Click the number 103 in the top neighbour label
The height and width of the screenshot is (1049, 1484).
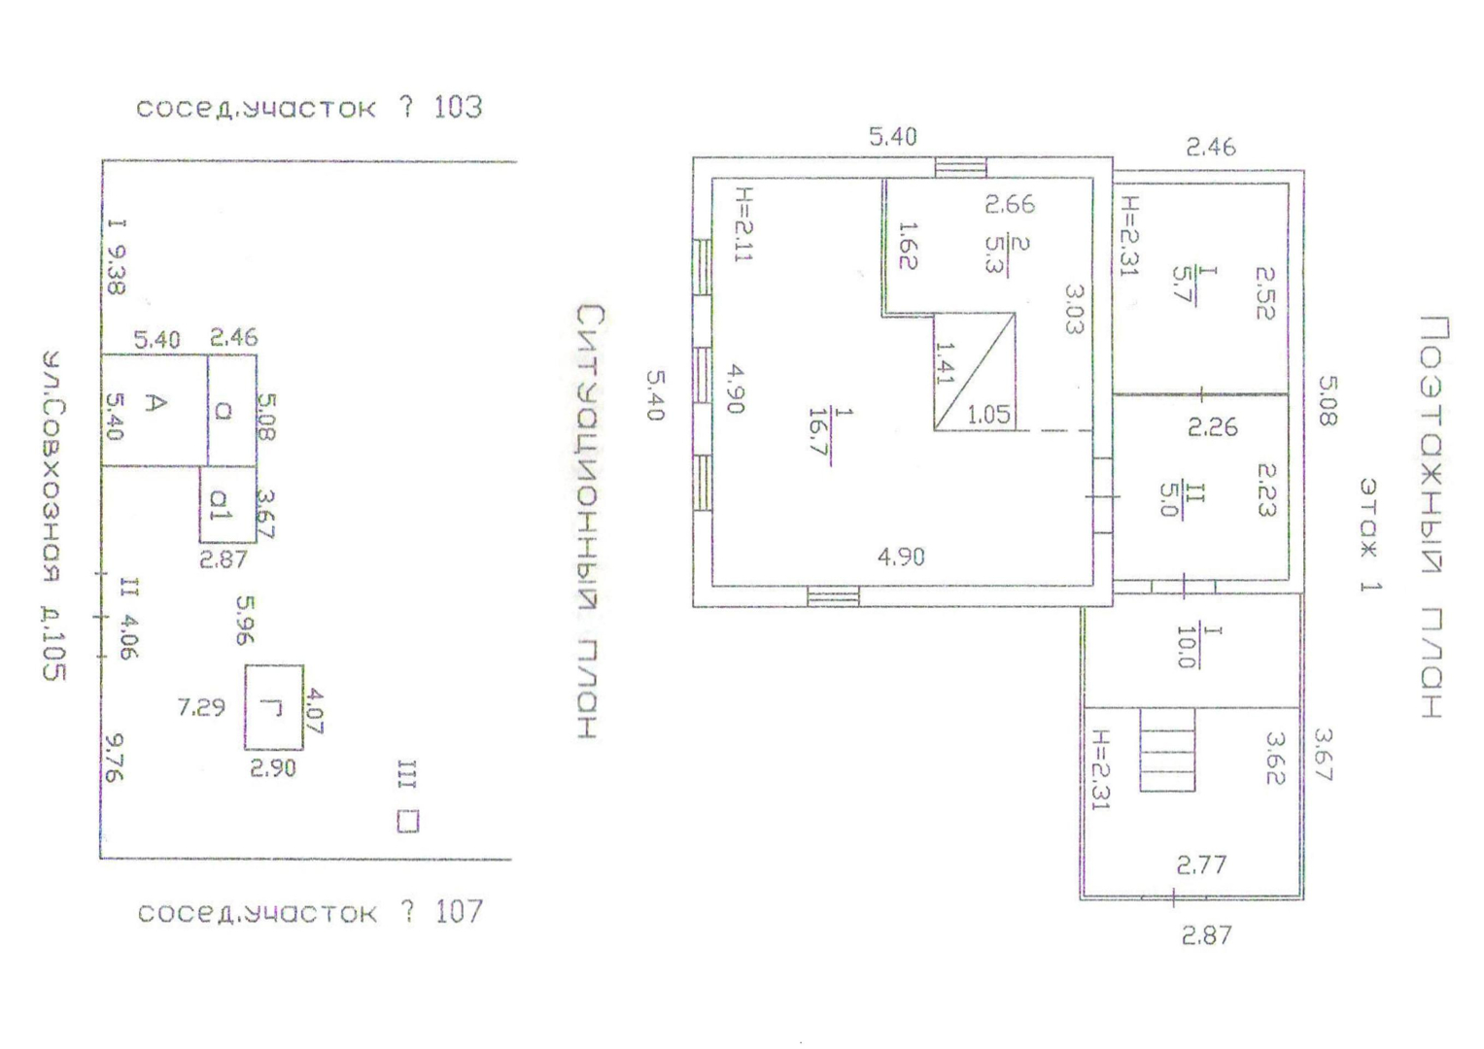[457, 106]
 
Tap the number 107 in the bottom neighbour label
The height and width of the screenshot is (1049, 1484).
[459, 911]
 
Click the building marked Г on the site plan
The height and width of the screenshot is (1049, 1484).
[273, 707]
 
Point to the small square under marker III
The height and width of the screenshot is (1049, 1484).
[408, 822]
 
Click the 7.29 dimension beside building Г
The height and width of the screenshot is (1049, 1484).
[201, 707]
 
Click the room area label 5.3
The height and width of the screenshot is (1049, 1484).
[995, 254]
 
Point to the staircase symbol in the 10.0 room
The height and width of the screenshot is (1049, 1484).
[1166, 749]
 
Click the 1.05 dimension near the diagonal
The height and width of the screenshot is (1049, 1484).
[988, 415]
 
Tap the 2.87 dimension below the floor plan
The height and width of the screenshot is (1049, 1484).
[1206, 935]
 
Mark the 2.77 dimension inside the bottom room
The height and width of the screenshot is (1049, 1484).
[1201, 864]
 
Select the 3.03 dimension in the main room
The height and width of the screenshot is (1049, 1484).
[1072, 309]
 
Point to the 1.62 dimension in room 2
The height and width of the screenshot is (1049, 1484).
[908, 245]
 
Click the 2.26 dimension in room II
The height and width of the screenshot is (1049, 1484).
[1212, 426]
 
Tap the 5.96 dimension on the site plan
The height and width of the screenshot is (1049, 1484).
[245, 620]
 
